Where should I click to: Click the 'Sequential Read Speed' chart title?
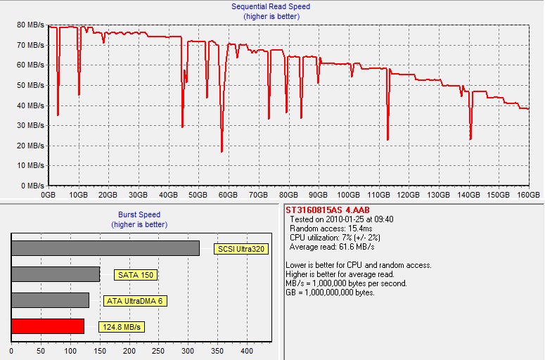click(x=271, y=6)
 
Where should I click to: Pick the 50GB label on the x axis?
click(x=198, y=194)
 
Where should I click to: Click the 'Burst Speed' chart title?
click(x=136, y=214)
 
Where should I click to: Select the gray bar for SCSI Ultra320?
click(x=105, y=248)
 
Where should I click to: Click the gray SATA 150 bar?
click(x=56, y=274)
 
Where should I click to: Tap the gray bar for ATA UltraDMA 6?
click(x=50, y=300)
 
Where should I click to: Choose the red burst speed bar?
click(x=48, y=326)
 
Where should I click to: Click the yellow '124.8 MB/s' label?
click(x=121, y=327)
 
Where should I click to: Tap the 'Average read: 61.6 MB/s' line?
click(x=332, y=247)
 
